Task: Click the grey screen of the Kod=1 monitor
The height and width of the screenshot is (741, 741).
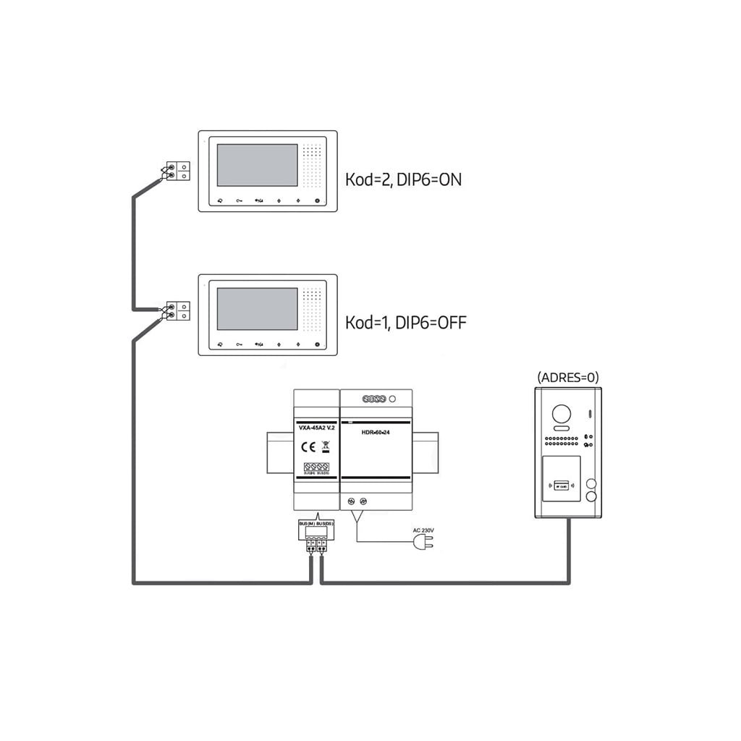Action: coord(257,309)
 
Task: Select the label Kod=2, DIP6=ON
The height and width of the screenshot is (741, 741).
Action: coord(403,179)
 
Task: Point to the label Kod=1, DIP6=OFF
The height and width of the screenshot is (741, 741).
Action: coord(405,322)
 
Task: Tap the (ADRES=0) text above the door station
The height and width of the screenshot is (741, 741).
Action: coord(568,377)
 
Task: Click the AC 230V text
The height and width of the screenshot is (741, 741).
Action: coord(423,530)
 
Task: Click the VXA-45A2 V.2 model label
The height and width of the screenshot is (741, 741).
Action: coord(316,429)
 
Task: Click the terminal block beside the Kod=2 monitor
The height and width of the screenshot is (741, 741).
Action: coord(178,171)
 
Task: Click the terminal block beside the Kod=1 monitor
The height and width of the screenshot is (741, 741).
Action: coord(178,311)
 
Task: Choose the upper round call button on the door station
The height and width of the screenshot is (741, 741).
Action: coord(591,484)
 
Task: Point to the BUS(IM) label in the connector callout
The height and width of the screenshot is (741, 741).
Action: coord(307,523)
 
